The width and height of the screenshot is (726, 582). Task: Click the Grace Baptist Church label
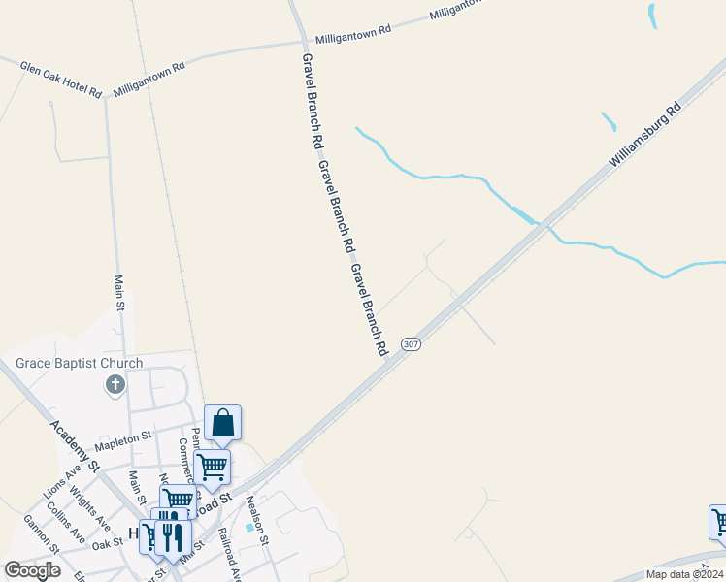(x=80, y=364)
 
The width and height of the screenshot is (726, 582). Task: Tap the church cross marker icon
(x=115, y=385)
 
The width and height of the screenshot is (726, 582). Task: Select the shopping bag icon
(x=223, y=424)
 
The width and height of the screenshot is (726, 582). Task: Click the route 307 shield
(x=411, y=344)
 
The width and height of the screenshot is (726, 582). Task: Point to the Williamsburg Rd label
(x=646, y=137)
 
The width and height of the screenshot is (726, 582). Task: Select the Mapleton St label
(x=120, y=443)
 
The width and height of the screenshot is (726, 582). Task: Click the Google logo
(x=32, y=570)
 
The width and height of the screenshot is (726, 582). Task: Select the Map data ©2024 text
(x=683, y=574)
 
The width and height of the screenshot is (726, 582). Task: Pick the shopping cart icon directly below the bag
(x=213, y=466)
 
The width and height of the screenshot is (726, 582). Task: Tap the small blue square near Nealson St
(x=250, y=529)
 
